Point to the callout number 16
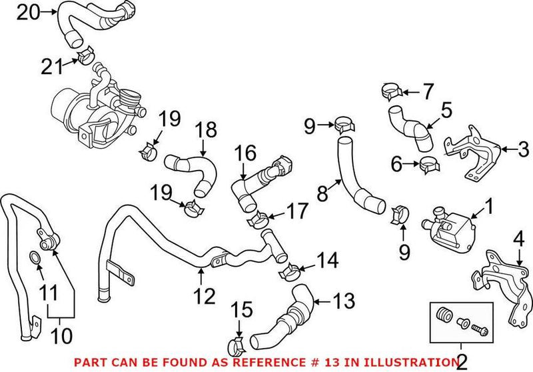pos(245,154)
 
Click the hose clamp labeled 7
pos(391,88)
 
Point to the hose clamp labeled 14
pos(290,271)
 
